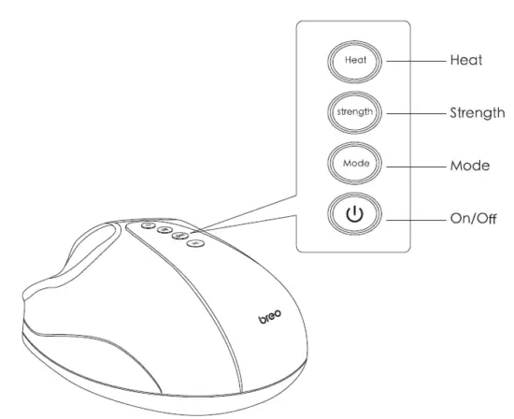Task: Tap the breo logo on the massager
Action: click(271, 320)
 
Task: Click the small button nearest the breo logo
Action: click(194, 244)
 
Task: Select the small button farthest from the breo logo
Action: click(150, 224)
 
